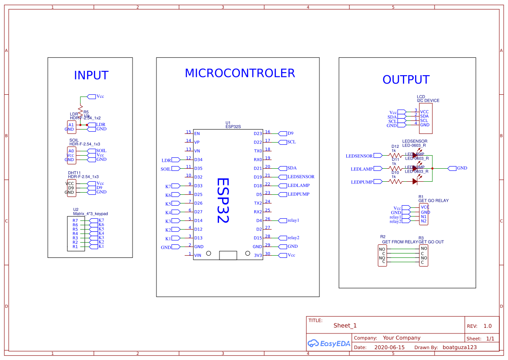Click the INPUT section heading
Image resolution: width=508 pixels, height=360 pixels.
click(91, 75)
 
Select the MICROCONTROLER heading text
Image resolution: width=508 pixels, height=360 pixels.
click(239, 73)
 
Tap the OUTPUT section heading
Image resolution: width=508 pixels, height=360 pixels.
click(405, 80)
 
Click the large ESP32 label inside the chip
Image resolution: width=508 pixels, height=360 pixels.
click(222, 200)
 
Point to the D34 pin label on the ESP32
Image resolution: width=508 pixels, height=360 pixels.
click(198, 160)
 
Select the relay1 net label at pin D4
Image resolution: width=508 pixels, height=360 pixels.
click(293, 220)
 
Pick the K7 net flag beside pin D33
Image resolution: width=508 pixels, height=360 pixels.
click(168, 186)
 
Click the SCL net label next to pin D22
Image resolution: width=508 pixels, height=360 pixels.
click(291, 142)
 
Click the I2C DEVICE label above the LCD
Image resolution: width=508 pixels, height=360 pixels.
click(428, 100)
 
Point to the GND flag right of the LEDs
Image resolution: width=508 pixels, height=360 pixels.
click(462, 168)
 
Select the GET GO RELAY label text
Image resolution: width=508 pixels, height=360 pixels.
click(433, 200)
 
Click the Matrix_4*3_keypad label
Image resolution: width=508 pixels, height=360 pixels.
click(90, 214)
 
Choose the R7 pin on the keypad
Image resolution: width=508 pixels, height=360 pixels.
click(75, 220)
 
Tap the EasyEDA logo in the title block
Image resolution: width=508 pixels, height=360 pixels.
click(329, 343)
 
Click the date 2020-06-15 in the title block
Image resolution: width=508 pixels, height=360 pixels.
click(389, 347)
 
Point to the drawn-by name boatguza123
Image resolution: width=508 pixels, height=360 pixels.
click(459, 347)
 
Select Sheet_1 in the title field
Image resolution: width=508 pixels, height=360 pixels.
click(345, 326)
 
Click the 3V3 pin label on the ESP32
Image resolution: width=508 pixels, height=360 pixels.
click(258, 255)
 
